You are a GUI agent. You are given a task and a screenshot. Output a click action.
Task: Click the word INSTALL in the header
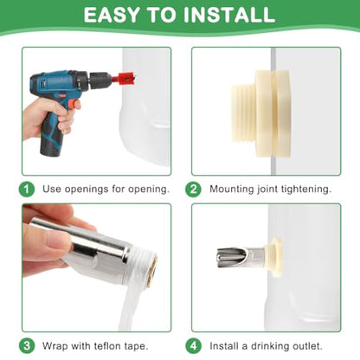[229, 15]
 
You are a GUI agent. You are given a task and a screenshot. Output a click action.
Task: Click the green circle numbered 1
[27, 190]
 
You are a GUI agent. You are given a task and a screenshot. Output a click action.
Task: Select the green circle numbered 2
[193, 190]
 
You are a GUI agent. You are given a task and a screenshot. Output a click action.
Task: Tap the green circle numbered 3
[27, 345]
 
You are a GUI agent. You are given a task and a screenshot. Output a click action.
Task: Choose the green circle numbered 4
[193, 345]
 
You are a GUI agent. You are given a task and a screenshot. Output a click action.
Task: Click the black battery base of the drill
[51, 145]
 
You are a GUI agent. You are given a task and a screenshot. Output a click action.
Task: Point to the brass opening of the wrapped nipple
[152, 271]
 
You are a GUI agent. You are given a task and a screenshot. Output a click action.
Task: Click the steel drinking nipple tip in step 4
[231, 256]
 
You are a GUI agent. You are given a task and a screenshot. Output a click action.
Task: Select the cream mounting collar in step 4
[275, 257]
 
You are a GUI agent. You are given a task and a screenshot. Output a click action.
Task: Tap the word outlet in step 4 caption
[307, 345]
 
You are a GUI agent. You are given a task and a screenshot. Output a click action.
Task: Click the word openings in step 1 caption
[87, 190]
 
